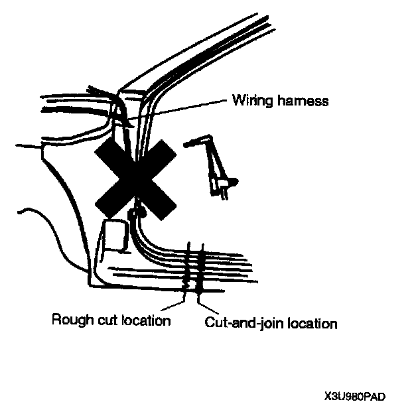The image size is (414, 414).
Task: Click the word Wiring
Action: pyautogui.click(x=248, y=101)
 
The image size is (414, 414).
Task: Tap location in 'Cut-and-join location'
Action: pyautogui.click(x=310, y=323)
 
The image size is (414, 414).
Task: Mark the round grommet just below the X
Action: pyautogui.click(x=140, y=213)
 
